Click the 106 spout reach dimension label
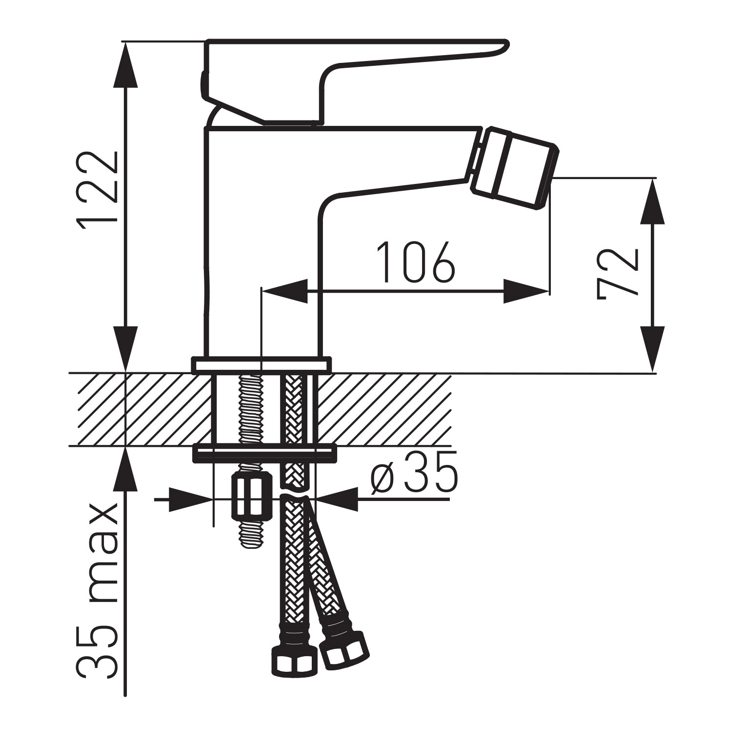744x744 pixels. click(x=416, y=262)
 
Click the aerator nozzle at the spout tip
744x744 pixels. click(x=515, y=168)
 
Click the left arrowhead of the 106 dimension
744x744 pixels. click(x=285, y=291)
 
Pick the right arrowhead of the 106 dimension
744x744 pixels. click(x=527, y=291)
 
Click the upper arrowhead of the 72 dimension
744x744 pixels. click(x=652, y=200)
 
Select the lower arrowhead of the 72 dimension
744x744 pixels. click(x=652, y=351)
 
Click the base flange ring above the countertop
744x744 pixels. click(x=261, y=365)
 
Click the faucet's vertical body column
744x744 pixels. click(x=261, y=244)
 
